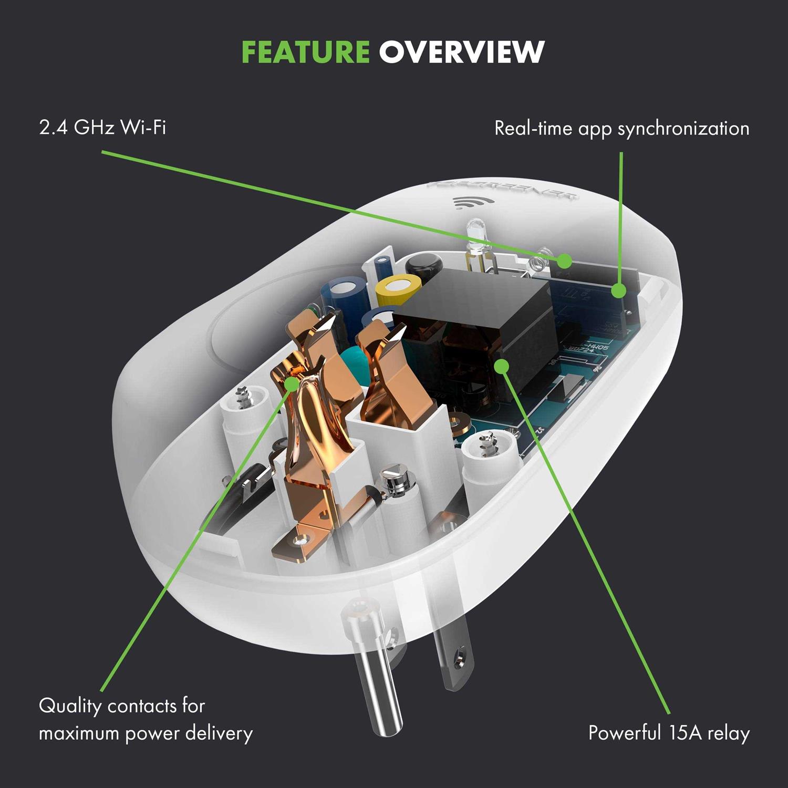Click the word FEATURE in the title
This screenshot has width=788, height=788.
[305, 51]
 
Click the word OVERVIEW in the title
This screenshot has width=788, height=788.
[461, 51]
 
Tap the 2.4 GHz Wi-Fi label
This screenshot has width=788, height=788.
[102, 128]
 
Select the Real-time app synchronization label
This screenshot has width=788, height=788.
[621, 129]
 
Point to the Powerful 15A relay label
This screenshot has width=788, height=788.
[668, 732]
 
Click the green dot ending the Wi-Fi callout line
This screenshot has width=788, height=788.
[565, 260]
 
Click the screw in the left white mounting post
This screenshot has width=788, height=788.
[243, 397]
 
